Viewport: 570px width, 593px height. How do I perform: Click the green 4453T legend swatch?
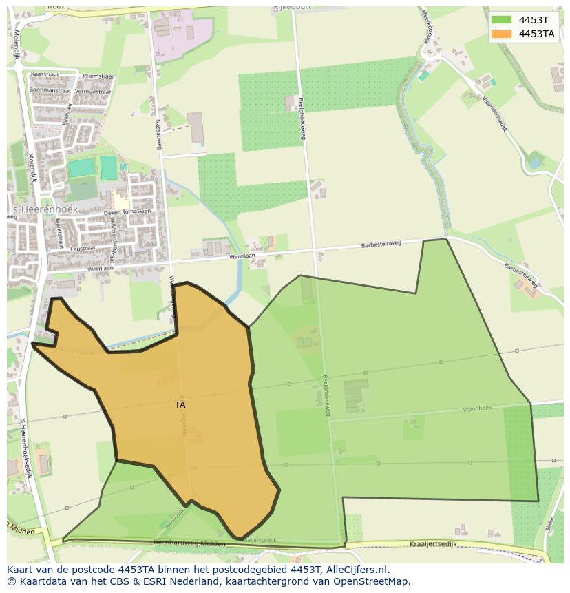coord(501,20)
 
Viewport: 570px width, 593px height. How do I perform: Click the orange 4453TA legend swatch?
coord(501,34)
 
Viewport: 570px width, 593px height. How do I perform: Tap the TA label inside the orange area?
coord(180,405)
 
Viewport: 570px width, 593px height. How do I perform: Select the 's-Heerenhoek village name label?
coord(43,209)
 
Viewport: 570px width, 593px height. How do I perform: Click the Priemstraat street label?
coord(98,76)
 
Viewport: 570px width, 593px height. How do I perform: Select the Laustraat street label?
coord(83,248)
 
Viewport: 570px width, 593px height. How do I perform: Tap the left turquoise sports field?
coord(81,167)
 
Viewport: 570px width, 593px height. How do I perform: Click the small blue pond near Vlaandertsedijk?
coord(534,163)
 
